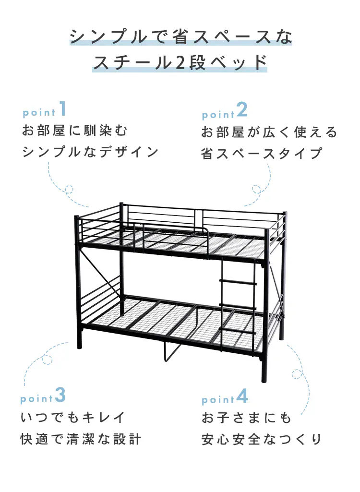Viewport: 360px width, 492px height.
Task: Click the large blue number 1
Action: click(x=63, y=108)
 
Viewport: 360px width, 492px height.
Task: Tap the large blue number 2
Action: click(x=242, y=110)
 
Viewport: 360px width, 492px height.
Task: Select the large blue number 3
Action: click(x=60, y=395)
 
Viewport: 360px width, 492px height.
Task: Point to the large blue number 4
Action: click(x=242, y=396)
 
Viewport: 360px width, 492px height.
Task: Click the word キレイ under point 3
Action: click(x=103, y=417)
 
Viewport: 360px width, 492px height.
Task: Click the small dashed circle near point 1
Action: click(x=69, y=189)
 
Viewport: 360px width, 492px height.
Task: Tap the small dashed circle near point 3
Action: click(x=47, y=360)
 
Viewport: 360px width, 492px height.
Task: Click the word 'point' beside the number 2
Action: click(x=218, y=115)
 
